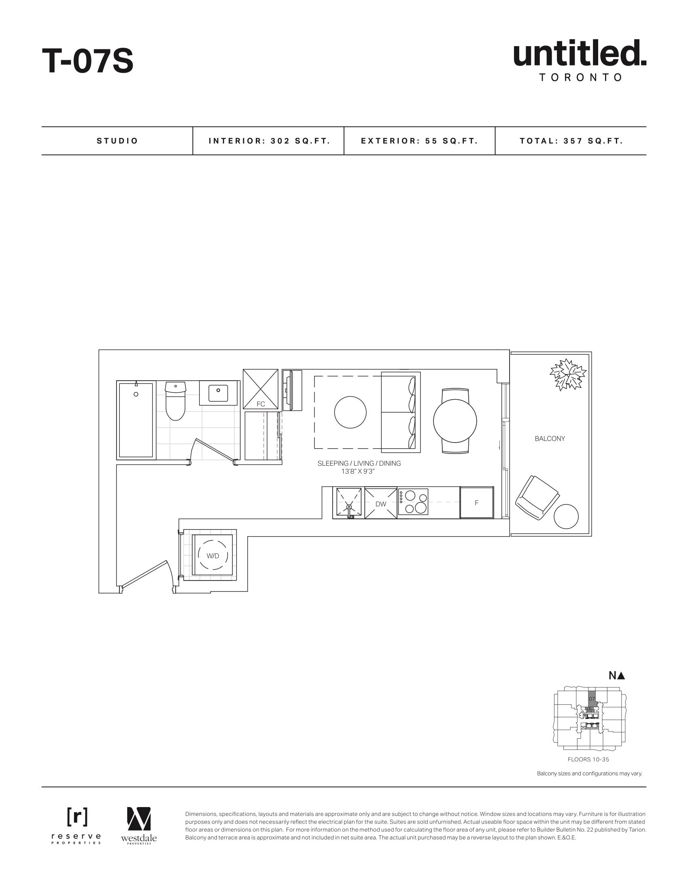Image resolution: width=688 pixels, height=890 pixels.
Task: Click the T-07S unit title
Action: coord(88,61)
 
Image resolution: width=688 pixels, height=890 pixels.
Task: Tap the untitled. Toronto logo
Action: coord(580,60)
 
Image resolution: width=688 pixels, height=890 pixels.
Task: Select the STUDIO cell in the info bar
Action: coord(117,141)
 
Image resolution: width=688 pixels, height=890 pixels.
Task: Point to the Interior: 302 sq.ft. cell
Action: coord(269,141)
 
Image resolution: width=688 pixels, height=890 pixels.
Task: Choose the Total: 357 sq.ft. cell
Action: coord(571,141)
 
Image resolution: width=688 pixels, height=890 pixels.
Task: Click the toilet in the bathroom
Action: coord(175,400)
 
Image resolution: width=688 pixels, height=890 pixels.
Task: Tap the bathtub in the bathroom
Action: coord(136,420)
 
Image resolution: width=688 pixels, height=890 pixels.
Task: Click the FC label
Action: coord(261,404)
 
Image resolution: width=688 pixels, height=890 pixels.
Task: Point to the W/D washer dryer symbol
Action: coord(213,556)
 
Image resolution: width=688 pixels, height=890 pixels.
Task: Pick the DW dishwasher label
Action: coord(381,504)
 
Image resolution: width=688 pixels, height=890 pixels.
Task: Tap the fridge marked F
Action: coord(476,503)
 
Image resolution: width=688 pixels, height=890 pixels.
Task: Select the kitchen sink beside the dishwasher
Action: coord(349,503)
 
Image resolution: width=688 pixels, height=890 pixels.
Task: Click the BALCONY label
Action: coord(550,439)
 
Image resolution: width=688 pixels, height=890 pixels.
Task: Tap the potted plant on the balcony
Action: coord(568,375)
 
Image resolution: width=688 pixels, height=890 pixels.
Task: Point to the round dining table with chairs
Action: coord(455,421)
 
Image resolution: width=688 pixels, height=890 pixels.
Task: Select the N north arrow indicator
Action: coord(617,675)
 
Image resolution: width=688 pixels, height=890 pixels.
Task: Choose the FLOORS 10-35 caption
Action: coord(588,759)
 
